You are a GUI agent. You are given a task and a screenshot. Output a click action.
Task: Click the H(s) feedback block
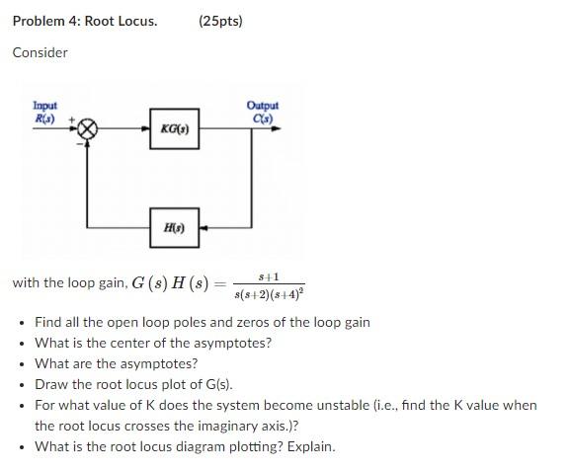(x=174, y=227)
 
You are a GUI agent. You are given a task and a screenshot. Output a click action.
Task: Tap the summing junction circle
(x=88, y=128)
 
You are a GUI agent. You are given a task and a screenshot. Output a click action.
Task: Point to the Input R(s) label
(x=45, y=111)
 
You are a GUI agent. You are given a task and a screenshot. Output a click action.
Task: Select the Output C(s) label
(x=264, y=111)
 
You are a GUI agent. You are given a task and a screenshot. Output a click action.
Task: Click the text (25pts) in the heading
(x=220, y=21)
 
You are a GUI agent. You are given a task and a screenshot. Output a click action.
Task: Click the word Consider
(x=40, y=52)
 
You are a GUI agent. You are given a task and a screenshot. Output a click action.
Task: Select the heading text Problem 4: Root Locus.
(x=84, y=21)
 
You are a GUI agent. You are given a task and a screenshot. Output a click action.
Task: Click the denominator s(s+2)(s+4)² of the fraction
(x=270, y=293)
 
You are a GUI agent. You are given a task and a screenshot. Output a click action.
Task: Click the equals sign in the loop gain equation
(x=219, y=283)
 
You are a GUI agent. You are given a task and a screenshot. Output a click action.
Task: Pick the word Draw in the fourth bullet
(x=51, y=384)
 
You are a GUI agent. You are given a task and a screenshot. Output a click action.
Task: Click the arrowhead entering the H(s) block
(x=204, y=227)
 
